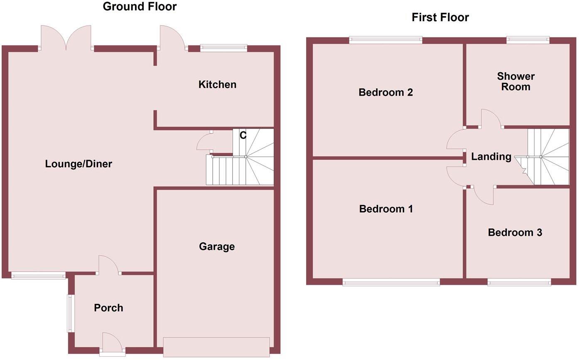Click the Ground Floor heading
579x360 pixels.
tap(140, 7)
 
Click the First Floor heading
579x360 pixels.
tap(440, 17)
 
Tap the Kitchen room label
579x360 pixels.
tap(217, 85)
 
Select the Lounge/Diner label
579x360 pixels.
tap(79, 164)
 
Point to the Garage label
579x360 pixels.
tap(217, 247)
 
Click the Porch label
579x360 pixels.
tap(108, 308)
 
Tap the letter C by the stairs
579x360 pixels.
tap(243, 136)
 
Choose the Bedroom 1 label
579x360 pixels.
tap(386, 209)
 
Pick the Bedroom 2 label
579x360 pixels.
tap(385, 92)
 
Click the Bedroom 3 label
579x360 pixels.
tap(515, 233)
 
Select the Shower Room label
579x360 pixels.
tap(516, 81)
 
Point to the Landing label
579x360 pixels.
tap(491, 157)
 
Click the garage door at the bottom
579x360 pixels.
tap(216, 347)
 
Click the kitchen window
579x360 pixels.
tap(223, 48)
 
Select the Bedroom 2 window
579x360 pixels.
tap(385, 40)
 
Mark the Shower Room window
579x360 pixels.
tap(528, 40)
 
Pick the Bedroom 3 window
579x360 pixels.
tap(519, 282)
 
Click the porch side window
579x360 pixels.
tap(71, 313)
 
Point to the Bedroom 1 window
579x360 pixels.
tap(391, 282)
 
